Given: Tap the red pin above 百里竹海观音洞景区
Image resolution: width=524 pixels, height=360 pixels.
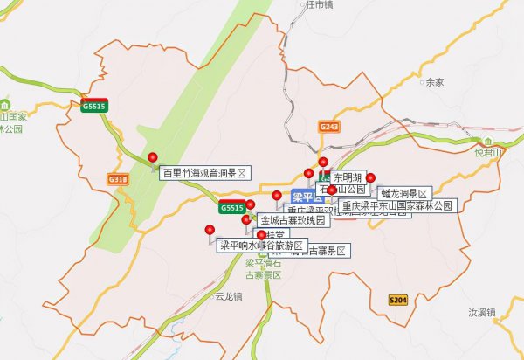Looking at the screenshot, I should (x=153, y=157).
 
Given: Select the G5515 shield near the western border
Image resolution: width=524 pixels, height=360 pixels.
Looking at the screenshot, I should (x=95, y=107).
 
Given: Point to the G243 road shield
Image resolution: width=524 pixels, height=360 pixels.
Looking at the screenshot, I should (x=328, y=128).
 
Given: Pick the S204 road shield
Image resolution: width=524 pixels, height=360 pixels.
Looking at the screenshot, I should (x=397, y=300).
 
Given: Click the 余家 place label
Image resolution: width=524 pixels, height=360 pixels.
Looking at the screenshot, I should (x=434, y=82).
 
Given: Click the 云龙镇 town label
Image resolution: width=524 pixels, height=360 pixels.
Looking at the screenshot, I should (x=229, y=296).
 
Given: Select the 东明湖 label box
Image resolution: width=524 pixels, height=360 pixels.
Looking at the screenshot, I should (x=347, y=177).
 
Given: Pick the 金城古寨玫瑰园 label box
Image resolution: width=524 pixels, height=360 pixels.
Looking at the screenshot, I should (x=293, y=221).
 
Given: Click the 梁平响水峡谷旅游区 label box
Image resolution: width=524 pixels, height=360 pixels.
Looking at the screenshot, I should (x=259, y=246).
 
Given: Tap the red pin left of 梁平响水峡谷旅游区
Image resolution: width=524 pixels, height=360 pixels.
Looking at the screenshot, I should (x=209, y=230).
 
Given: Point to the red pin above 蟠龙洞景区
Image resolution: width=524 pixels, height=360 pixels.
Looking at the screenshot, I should (x=370, y=178).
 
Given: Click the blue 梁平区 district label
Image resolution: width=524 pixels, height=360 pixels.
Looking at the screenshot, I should (x=306, y=196).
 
